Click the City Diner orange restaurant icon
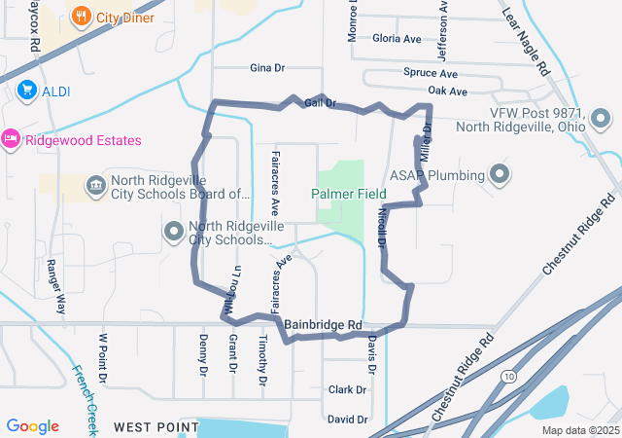coord(81,17)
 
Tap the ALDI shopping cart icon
coord(26,91)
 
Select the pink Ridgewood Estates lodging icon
coord(11,140)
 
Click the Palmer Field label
coord(348,194)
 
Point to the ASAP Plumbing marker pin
coord(501,175)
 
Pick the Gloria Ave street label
coord(397,39)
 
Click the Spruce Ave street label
coord(430,73)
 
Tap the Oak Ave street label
coord(447,91)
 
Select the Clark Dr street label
coord(347,389)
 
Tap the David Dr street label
coord(347,420)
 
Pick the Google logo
coord(33,426)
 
